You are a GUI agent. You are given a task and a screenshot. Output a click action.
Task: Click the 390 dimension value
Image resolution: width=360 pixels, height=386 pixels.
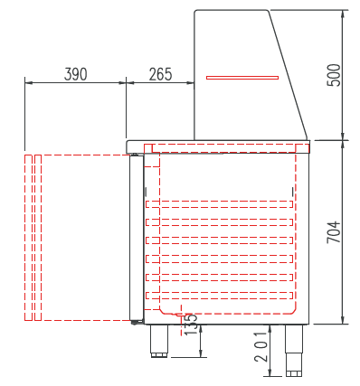[75, 74]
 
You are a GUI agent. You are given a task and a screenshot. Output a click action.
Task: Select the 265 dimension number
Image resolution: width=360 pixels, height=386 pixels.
[161, 74]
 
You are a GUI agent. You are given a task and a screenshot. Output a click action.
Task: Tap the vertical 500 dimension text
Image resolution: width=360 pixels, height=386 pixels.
[335, 75]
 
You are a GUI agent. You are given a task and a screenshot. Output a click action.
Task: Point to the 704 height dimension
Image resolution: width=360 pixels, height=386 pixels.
[334, 232]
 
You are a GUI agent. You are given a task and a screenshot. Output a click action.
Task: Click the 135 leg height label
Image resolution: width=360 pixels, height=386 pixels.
[190, 325]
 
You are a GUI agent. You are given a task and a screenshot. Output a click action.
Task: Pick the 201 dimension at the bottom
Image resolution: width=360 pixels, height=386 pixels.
[261, 347]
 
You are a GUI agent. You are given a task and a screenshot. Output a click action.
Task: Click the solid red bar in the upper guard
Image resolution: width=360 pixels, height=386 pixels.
[242, 78]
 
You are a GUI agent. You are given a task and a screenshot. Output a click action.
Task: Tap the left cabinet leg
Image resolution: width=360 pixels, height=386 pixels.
[159, 341]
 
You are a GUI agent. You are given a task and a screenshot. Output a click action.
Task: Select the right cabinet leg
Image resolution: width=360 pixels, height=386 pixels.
[294, 351]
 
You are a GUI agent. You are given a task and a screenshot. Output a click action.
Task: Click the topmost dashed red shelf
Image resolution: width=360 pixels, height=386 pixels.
[219, 204]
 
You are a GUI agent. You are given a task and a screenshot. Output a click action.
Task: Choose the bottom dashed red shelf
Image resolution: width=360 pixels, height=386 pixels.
[219, 296]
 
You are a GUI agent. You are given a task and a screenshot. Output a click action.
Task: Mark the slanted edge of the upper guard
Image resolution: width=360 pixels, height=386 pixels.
[288, 74]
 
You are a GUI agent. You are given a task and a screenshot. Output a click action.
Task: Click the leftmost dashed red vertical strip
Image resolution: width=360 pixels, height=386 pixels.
[28, 238]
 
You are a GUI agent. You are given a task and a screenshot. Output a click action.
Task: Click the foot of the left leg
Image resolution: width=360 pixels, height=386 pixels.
[159, 355]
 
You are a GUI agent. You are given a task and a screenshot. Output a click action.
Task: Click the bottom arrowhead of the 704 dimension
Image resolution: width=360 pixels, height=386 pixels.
[343, 320]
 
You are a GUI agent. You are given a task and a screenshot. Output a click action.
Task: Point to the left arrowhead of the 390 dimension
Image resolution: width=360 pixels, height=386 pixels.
[29, 82]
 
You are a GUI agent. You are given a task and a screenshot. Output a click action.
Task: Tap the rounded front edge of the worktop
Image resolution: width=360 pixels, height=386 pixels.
[128, 146]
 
